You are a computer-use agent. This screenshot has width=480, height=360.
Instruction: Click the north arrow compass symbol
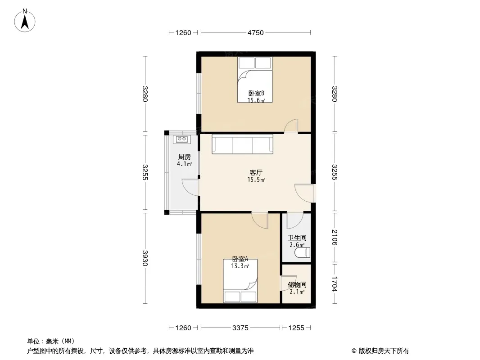25,21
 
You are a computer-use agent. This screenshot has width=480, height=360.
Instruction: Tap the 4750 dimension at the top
256,33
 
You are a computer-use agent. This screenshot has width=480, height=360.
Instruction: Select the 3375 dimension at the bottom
240,328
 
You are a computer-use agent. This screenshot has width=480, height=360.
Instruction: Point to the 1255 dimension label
296,328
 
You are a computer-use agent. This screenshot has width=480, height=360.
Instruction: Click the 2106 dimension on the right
334,237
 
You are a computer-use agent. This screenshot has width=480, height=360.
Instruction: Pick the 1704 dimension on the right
334,284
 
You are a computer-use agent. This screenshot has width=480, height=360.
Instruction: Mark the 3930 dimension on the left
145,258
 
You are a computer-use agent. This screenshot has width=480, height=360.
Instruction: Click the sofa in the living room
242,144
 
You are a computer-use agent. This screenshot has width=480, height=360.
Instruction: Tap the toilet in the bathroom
303,252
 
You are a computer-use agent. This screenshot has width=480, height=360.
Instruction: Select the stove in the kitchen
182,139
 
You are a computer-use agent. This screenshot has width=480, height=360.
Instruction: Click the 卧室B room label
256,93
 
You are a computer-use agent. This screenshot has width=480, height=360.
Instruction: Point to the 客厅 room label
256,172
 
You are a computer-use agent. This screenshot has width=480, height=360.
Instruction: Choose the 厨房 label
185,157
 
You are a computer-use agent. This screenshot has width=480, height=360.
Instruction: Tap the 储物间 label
297,285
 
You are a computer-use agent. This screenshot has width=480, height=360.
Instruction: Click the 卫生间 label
297,238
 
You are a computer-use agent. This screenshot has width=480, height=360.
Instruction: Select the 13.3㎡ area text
240,266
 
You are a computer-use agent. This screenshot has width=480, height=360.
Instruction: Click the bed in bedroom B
255,80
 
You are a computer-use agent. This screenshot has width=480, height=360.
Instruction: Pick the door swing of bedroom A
260,220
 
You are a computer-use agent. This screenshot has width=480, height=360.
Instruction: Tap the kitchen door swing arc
190,187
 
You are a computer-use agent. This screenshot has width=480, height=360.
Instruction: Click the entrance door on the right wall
304,193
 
